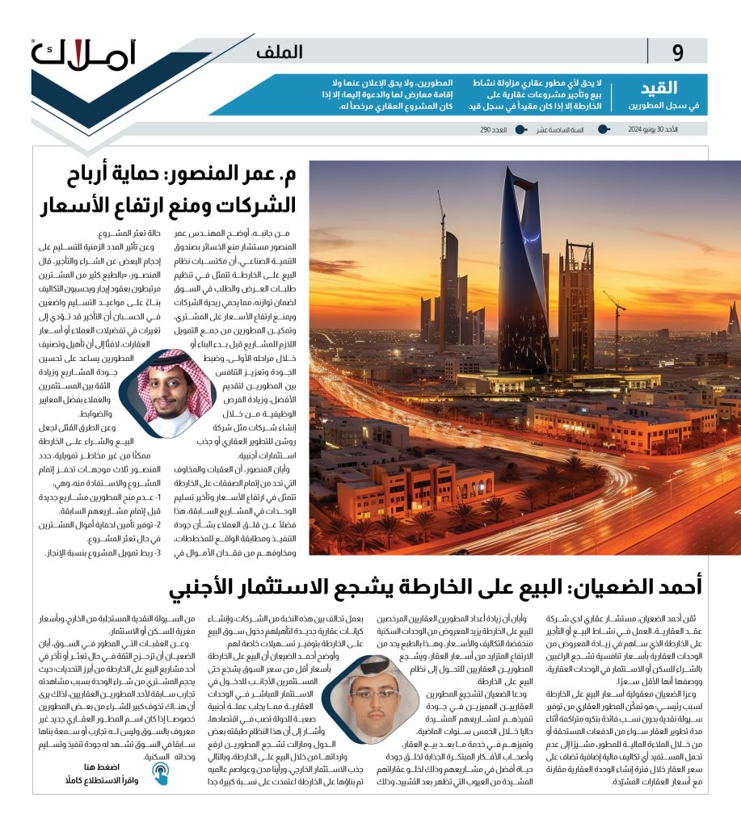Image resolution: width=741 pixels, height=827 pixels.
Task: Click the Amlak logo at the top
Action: (x=84, y=55)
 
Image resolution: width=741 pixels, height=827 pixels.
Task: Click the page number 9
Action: (x=677, y=52)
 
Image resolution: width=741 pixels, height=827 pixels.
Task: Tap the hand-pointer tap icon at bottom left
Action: (x=160, y=773)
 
